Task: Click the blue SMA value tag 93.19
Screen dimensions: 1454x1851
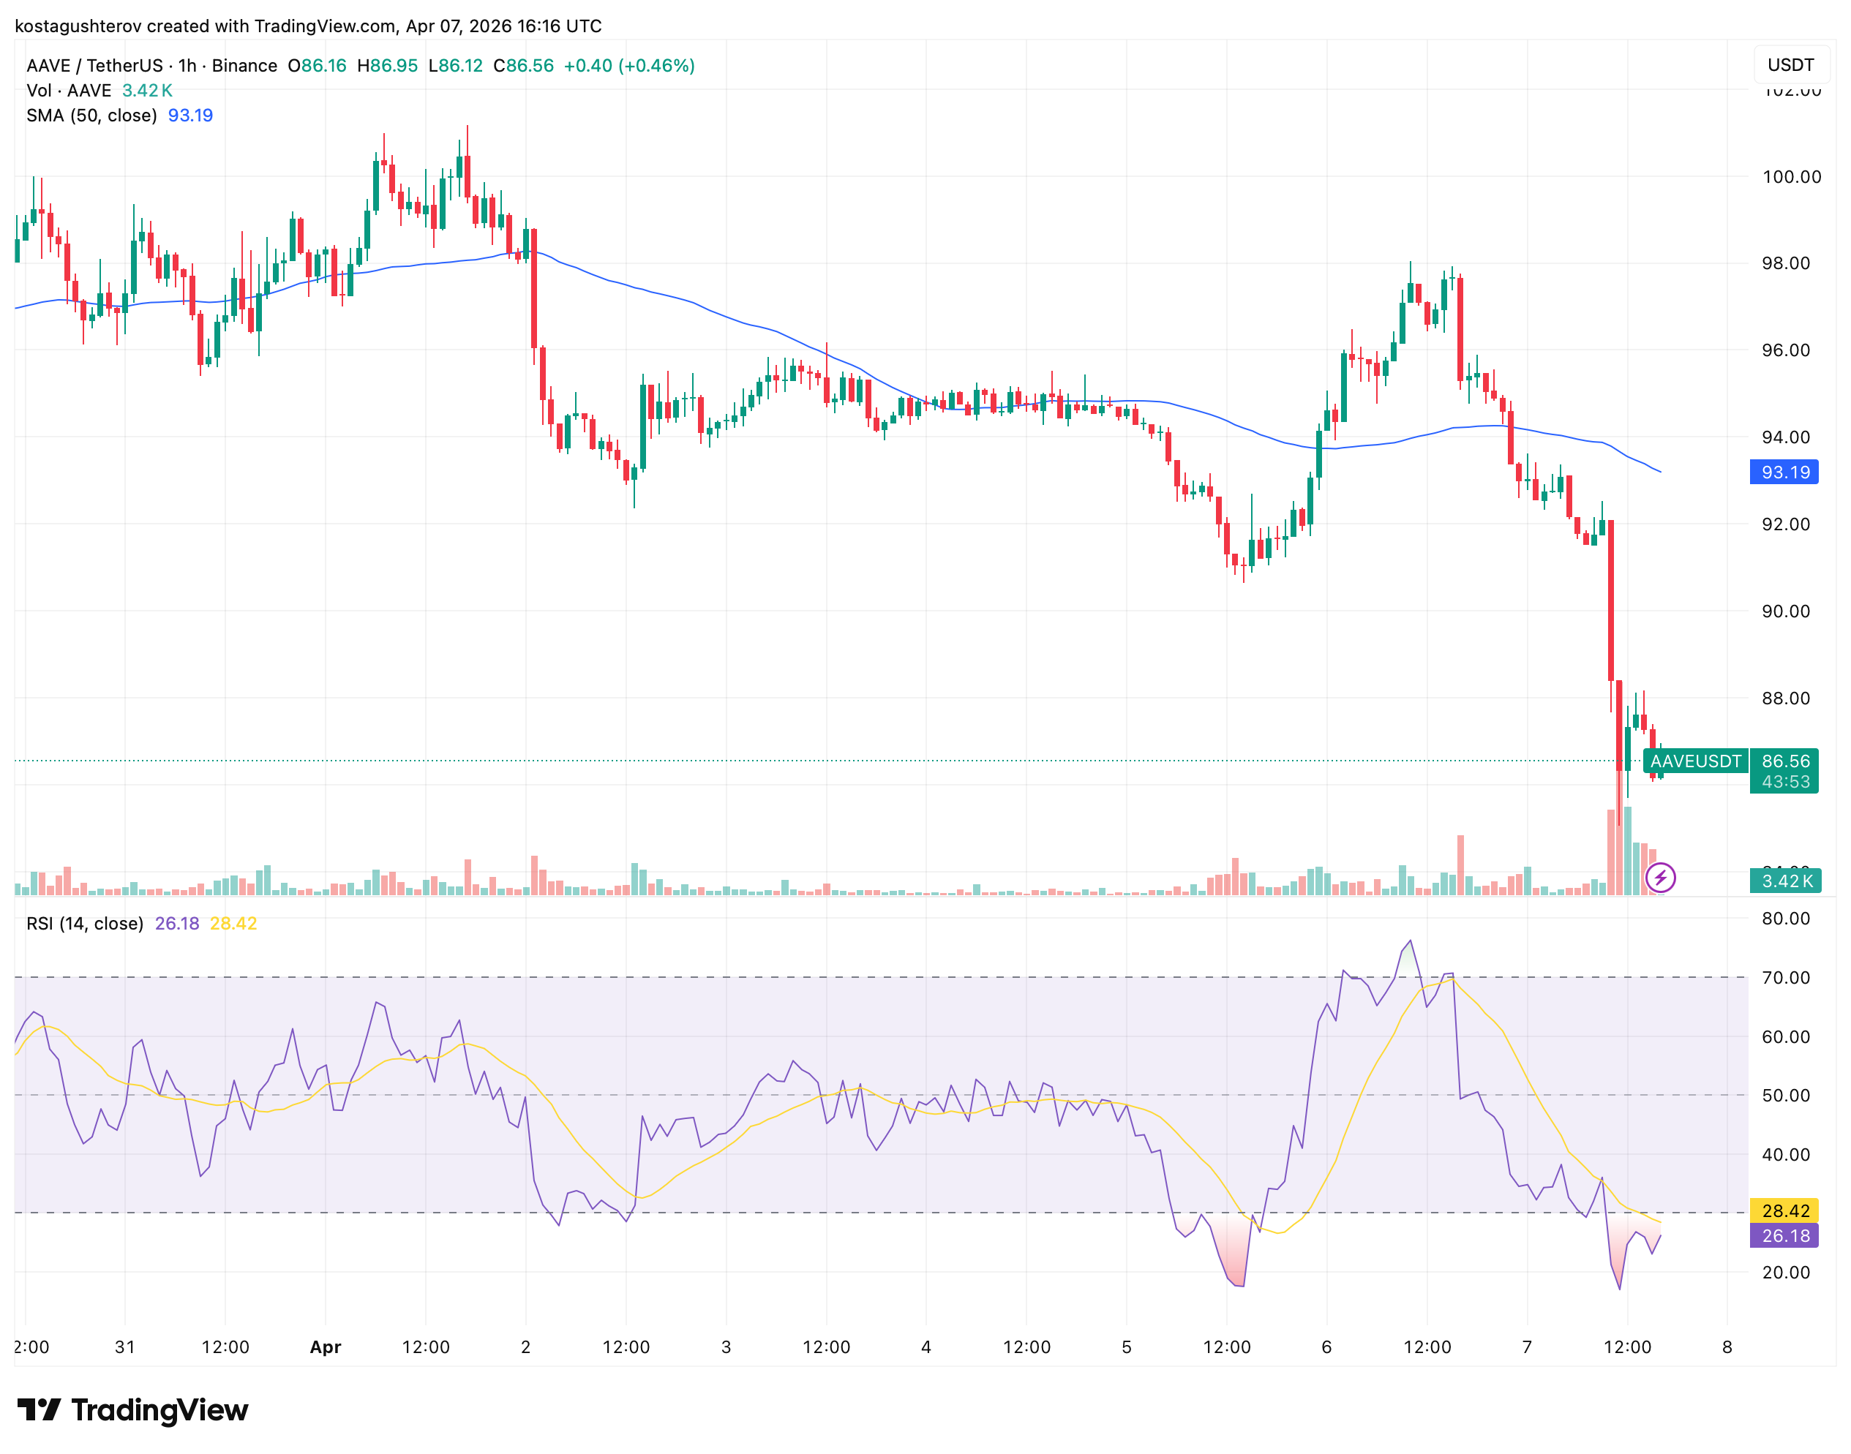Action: tap(1784, 472)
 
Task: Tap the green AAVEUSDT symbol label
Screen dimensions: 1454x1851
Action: tap(1695, 761)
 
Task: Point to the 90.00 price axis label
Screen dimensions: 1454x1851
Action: tap(1785, 611)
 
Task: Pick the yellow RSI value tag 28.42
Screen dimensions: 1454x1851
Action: tap(1784, 1210)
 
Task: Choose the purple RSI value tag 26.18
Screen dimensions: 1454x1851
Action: tap(1784, 1235)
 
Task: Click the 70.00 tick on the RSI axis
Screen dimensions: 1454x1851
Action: tap(1785, 977)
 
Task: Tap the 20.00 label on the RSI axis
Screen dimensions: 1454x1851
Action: tap(1785, 1272)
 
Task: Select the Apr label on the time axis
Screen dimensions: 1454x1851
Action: tap(326, 1346)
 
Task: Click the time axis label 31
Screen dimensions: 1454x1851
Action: tap(125, 1346)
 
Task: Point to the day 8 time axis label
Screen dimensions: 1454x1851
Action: tap(1727, 1346)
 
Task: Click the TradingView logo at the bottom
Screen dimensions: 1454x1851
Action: tap(133, 1411)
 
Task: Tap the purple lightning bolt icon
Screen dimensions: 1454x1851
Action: tap(1660, 877)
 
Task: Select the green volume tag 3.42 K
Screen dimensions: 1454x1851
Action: tap(1785, 881)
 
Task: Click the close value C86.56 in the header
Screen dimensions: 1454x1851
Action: tap(524, 66)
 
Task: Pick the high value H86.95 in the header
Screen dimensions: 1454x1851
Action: tap(388, 66)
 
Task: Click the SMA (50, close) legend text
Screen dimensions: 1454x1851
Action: tap(92, 116)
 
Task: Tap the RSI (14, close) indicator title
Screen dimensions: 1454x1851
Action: tap(85, 924)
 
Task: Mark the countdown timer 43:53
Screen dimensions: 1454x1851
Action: tap(1785, 781)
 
